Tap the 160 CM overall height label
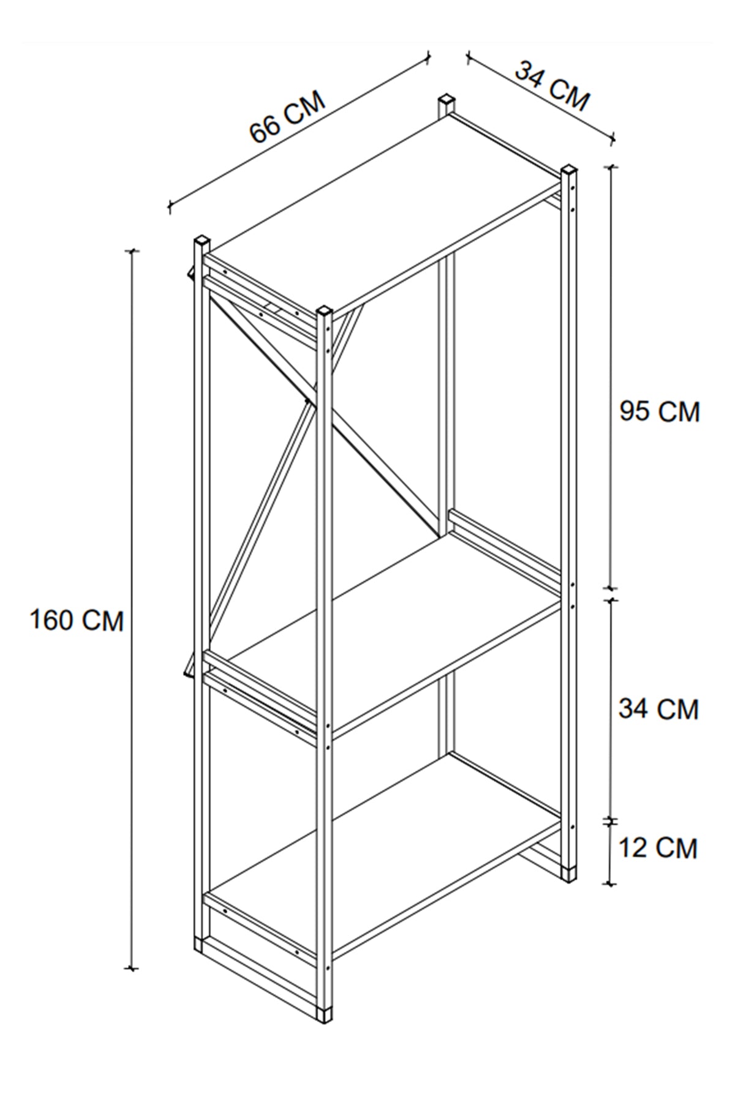point(77,621)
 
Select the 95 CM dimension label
point(659,411)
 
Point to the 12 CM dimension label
point(658,849)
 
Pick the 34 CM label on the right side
point(658,709)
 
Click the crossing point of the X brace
point(307,401)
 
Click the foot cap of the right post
point(570,872)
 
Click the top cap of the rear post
point(447,100)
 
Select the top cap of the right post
point(569,170)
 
